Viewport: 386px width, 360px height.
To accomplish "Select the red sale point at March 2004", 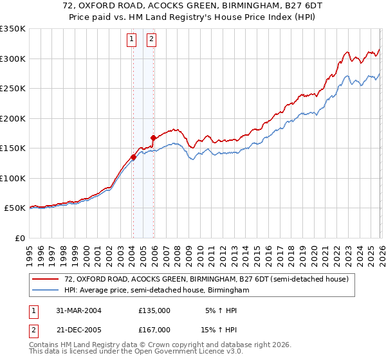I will [133, 156].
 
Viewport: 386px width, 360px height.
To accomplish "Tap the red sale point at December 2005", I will [153, 137].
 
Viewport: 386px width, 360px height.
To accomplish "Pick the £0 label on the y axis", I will [19, 238].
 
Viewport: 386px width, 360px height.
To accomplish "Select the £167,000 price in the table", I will [154, 329].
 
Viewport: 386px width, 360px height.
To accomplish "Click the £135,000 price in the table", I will [154, 310].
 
